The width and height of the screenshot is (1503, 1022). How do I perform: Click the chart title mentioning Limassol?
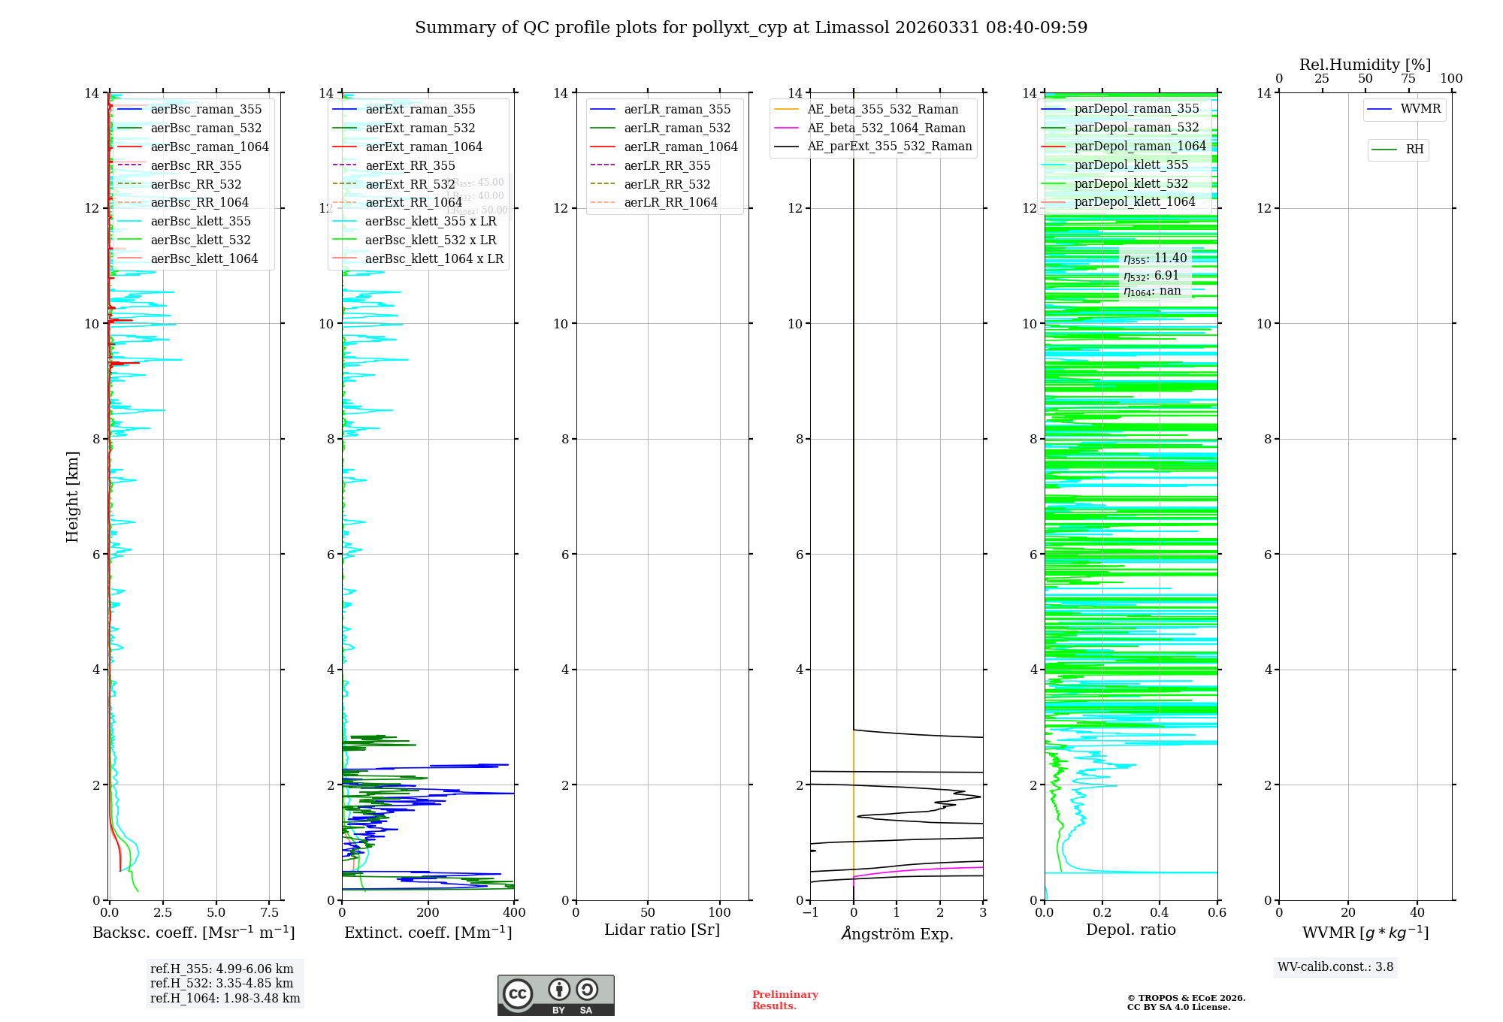tap(751, 28)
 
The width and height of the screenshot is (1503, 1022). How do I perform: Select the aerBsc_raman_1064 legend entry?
tap(209, 147)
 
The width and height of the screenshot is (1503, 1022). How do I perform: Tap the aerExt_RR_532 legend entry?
tap(410, 184)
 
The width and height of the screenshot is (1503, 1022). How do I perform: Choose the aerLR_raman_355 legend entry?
tap(676, 110)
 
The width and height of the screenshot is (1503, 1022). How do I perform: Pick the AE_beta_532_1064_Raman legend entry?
tap(886, 128)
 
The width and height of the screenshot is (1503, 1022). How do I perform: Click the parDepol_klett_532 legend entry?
tap(1130, 183)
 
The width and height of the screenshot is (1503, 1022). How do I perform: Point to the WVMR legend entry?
tap(1420, 109)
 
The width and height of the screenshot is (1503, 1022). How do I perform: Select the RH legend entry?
tap(1414, 150)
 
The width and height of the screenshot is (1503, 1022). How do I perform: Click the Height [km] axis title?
tap(72, 496)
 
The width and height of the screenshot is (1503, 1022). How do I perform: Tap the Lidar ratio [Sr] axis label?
tap(661, 930)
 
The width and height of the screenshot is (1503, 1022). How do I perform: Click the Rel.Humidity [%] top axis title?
tap(1365, 65)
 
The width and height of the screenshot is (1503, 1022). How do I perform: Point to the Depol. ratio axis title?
tap(1130, 930)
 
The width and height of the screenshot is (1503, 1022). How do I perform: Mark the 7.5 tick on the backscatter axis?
tap(269, 913)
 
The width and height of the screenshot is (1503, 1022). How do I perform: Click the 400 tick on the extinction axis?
tap(514, 913)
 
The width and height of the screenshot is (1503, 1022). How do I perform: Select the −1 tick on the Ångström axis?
tap(809, 913)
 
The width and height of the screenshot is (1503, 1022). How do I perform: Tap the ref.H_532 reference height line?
tap(222, 984)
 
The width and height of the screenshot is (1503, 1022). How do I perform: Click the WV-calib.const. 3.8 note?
tap(1335, 967)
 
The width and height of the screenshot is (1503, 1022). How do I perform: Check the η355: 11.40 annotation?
tap(1155, 259)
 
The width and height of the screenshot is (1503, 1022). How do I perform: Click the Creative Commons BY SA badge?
tap(555, 996)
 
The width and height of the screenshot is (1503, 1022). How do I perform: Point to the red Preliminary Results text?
tap(785, 1000)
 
